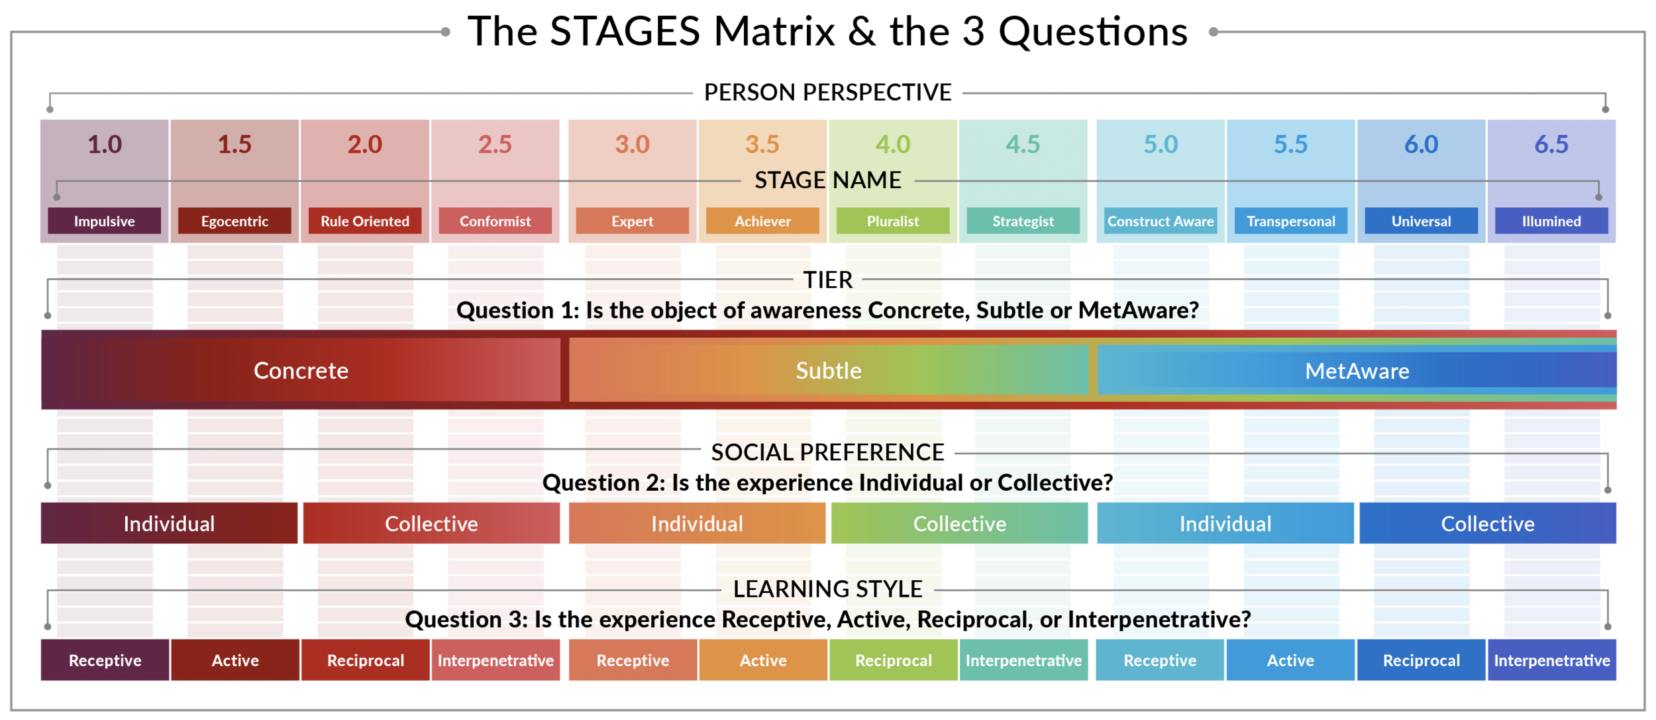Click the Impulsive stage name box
[x=104, y=221]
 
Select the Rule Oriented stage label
[x=365, y=221]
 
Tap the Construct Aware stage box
[x=1160, y=221]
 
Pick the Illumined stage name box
[x=1551, y=221]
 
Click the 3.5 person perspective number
[x=762, y=144]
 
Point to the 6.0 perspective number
[x=1421, y=144]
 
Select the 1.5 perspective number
[x=234, y=144]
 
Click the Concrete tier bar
[x=301, y=370]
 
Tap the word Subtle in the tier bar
[x=828, y=370]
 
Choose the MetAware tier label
[x=1357, y=371]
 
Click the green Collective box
[x=959, y=523]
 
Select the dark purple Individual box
[x=169, y=523]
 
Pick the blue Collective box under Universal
[x=1487, y=523]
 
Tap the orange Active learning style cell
[x=762, y=660]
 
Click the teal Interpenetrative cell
[x=1023, y=660]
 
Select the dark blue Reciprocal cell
[x=1421, y=660]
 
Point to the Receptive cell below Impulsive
[x=105, y=660]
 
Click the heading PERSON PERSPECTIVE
[x=827, y=93]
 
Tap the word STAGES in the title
[x=625, y=31]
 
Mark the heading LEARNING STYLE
[x=827, y=589]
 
